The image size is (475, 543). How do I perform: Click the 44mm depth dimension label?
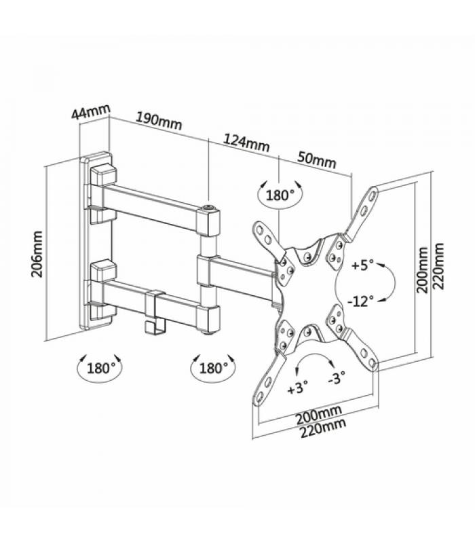point(91,111)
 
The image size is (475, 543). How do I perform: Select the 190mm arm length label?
point(158,121)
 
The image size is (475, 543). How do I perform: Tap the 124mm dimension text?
point(246,143)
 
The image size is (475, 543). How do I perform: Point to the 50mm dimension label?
point(316,160)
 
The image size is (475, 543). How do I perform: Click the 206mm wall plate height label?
point(37,254)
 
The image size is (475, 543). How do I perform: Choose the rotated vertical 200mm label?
point(422,269)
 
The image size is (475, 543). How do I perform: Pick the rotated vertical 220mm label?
point(438,266)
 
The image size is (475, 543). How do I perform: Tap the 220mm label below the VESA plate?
point(323,428)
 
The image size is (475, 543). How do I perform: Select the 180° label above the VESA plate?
point(280,195)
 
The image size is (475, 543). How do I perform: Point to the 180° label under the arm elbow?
point(214,368)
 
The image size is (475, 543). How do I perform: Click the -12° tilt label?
point(360,301)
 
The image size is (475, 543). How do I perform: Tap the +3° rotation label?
point(297,388)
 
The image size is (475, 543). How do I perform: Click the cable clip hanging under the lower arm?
point(155,313)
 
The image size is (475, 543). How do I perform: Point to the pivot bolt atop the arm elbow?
point(209,208)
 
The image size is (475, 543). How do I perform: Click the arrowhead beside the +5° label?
point(381,265)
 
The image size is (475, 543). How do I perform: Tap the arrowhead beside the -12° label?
point(381,300)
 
